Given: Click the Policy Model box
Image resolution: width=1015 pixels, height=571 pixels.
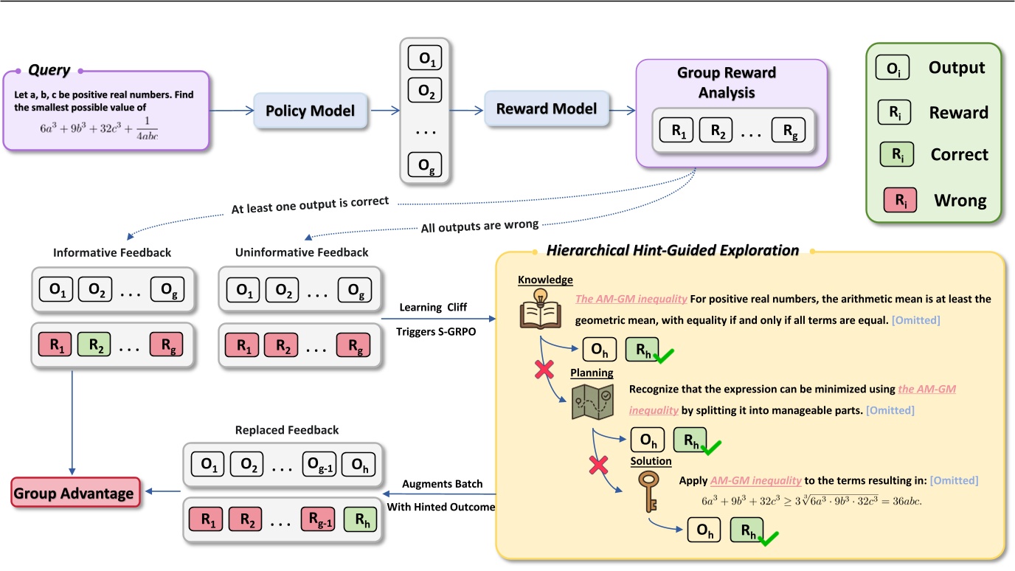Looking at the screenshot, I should (x=311, y=111).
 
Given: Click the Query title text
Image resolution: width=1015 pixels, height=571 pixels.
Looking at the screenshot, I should (x=49, y=70).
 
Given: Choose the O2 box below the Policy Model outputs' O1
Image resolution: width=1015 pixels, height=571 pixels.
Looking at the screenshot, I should (x=426, y=92).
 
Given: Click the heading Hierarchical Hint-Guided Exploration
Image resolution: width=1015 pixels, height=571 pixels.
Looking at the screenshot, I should (x=673, y=251).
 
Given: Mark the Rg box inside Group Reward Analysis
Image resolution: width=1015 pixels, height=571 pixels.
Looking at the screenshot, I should (x=789, y=132).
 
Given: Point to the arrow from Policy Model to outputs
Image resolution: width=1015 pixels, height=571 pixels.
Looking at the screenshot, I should (x=384, y=111).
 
